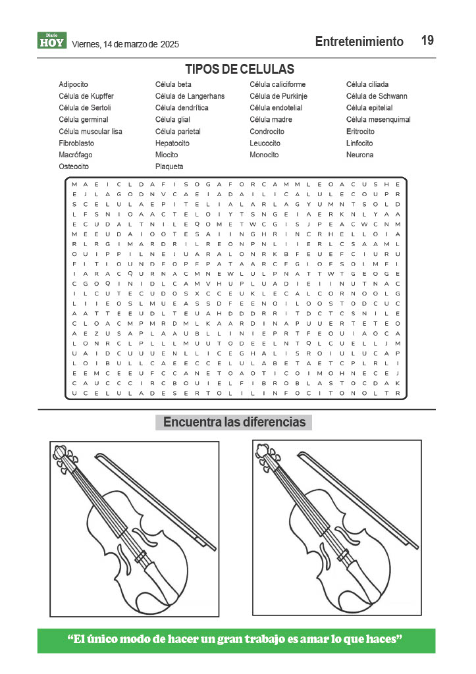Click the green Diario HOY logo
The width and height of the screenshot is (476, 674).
pyautogui.click(x=52, y=41)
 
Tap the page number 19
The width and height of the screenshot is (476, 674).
pyautogui.click(x=427, y=41)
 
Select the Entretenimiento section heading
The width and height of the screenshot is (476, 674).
pyautogui.click(x=359, y=41)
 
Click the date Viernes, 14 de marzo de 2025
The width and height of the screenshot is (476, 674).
pyautogui.click(x=125, y=44)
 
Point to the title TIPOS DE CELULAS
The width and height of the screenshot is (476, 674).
pyautogui.click(x=239, y=69)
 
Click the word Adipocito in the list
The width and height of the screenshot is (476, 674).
pyautogui.click(x=73, y=84)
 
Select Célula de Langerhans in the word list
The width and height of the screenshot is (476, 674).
pyautogui.click(x=190, y=96)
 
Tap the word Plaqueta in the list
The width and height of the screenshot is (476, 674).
pyautogui.click(x=169, y=167)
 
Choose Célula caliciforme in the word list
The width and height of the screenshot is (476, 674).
pyautogui.click(x=277, y=84)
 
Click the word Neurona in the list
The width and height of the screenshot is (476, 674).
pyautogui.click(x=359, y=155)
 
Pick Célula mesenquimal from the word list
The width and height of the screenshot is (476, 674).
pyautogui.click(x=378, y=120)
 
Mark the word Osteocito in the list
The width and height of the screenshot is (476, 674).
pyautogui.click(x=74, y=167)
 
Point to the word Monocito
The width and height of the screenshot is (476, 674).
pyautogui.click(x=265, y=155)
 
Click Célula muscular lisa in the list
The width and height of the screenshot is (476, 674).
pyautogui.click(x=90, y=132)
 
